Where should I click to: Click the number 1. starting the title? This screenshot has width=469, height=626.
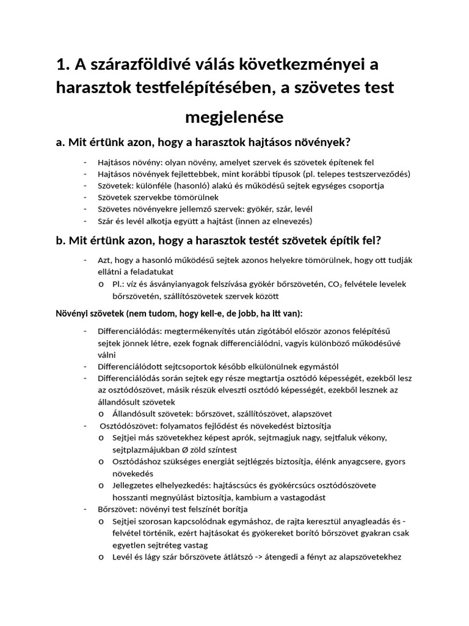pyautogui.click(x=62, y=65)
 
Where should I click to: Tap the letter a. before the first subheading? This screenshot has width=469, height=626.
pyautogui.click(x=60, y=142)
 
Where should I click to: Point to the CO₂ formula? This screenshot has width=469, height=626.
pyautogui.click(x=333, y=284)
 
